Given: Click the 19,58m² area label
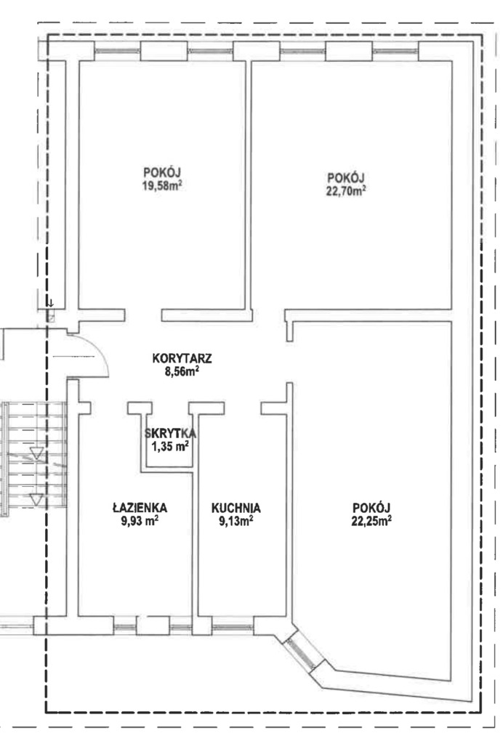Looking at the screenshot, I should (x=162, y=185).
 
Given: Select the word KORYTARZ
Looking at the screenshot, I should (x=182, y=358).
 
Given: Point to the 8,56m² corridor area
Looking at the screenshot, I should (x=182, y=371).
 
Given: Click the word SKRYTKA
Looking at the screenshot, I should (x=170, y=433).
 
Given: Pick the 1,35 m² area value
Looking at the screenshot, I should (x=170, y=446).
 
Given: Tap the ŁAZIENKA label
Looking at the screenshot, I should (x=141, y=507).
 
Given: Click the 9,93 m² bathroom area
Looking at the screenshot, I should (x=141, y=520).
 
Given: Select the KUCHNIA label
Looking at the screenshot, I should (x=236, y=507).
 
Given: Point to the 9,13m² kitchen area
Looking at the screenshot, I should (x=236, y=520).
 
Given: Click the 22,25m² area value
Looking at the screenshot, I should (x=371, y=520).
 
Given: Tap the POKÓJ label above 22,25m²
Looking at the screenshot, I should (x=371, y=507).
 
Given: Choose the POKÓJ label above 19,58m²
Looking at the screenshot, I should (x=162, y=172).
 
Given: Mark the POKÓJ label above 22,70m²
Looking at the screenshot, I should (x=345, y=177).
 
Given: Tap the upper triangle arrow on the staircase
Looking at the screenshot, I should (x=36, y=455).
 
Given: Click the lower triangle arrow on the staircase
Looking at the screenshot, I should (x=36, y=499).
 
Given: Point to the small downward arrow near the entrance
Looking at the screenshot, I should (x=51, y=302).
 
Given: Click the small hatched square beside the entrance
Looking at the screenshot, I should (x=51, y=316).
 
